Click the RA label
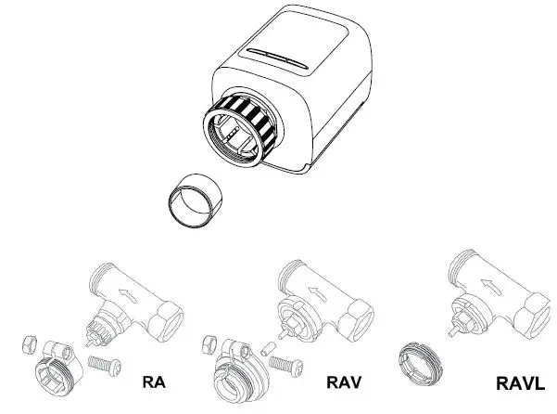pyautogui.click(x=154, y=382)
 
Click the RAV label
pyautogui.click(x=343, y=382)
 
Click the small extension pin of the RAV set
pyautogui.click(x=265, y=349)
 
